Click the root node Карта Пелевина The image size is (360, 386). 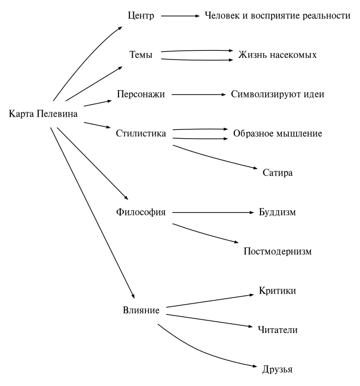pos(44,114)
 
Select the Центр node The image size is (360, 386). pos(141,16)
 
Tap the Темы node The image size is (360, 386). pos(140,55)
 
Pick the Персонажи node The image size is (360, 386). pos(141,94)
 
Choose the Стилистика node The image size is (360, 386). pos(141,133)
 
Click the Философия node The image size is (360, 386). pos(141,212)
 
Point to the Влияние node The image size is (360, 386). pos(141,311)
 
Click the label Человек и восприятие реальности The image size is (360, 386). pos(277,16)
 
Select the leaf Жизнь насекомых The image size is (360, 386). pos(277,55)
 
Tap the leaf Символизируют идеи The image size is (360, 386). pos(277,94)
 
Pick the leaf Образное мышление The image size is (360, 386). pos(277,133)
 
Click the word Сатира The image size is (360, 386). pos(277,173)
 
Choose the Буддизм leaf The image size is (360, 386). pos(277,212)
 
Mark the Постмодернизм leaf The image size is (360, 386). pos(277,252)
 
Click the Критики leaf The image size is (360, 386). pos(277,291)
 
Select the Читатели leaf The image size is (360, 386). pos(277,330)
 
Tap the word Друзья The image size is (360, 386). pos(277,370)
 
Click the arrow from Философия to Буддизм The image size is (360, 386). pos(213,212)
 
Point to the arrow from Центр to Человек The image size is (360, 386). pos(181,16)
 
